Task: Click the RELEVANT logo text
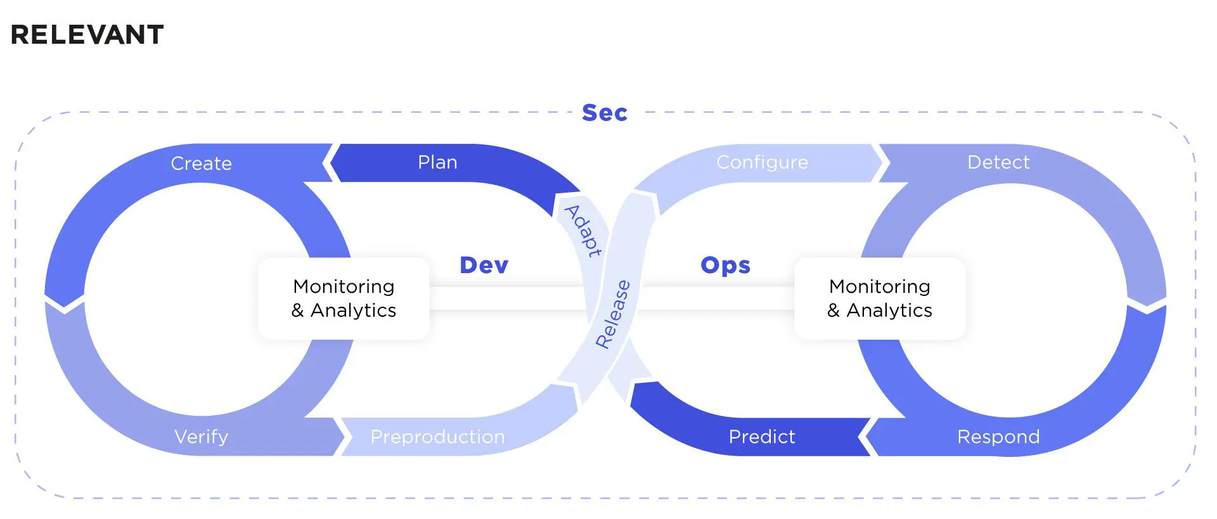87,34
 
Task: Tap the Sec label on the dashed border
605,113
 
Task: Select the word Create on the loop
201,163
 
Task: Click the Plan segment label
437,162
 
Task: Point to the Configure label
762,162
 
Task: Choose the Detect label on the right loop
998,162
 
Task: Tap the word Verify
201,437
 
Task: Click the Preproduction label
437,437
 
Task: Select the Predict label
762,437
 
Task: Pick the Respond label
998,437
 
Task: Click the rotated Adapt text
583,231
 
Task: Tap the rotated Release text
613,314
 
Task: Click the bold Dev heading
484,265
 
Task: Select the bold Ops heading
725,265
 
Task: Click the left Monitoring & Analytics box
344,298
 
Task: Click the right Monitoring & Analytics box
880,298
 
